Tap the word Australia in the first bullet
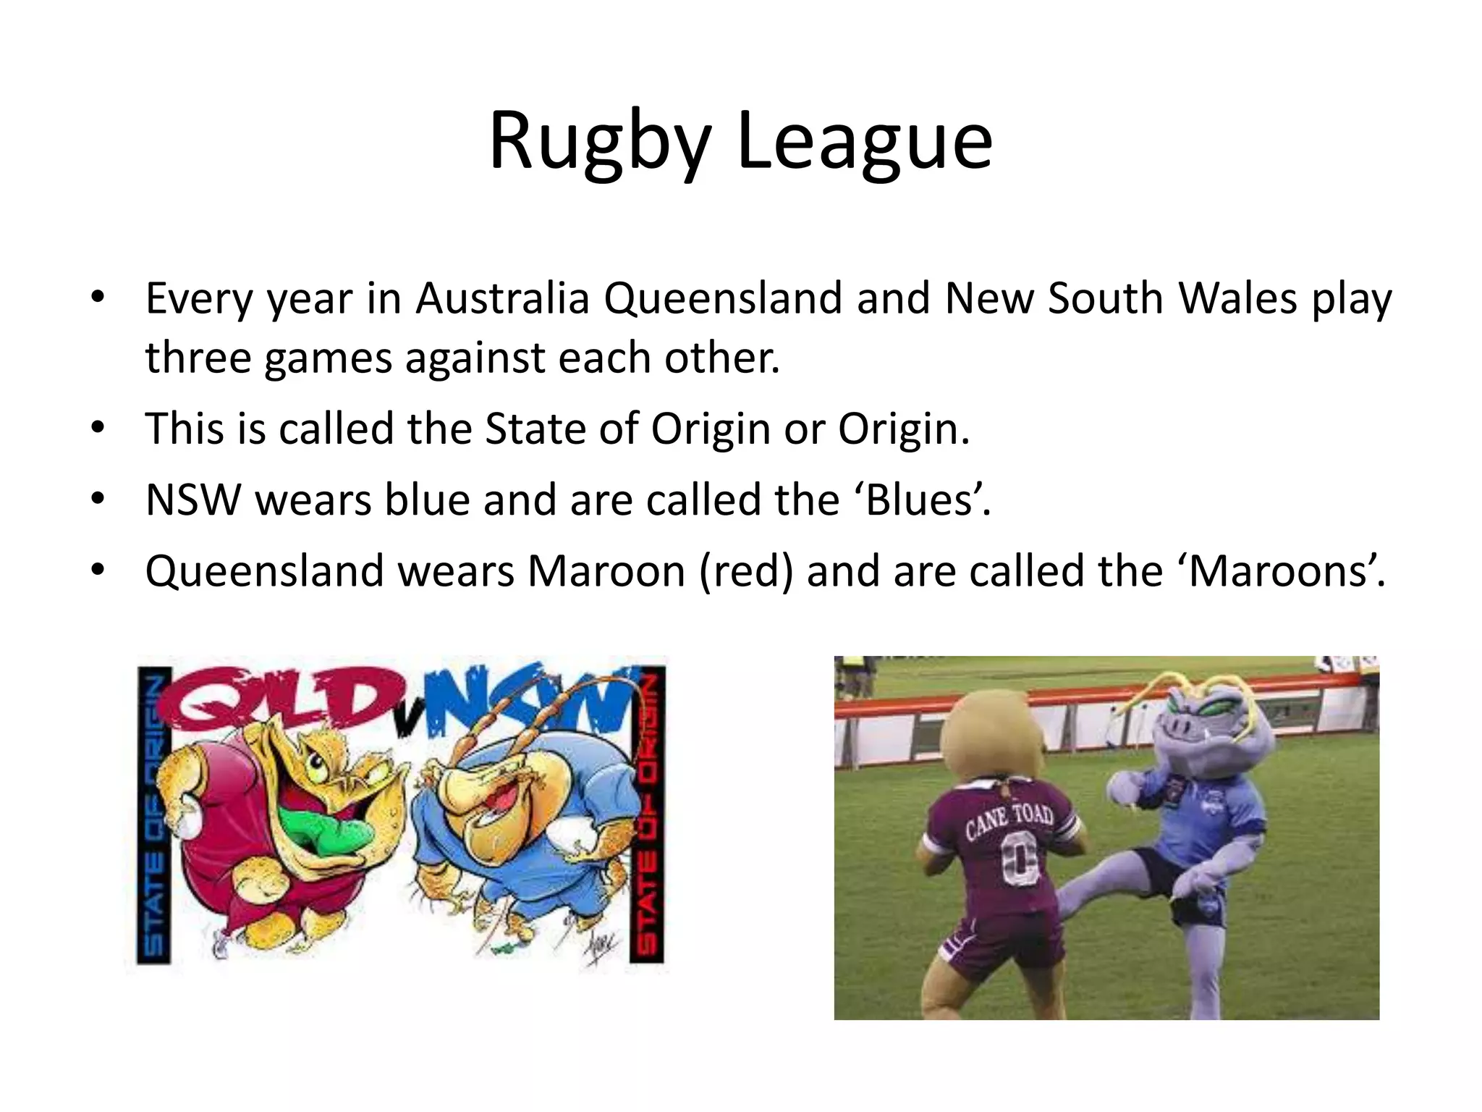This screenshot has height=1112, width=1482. pos(503,298)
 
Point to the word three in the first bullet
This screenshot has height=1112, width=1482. pos(198,358)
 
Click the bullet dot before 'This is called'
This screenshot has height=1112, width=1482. pos(98,429)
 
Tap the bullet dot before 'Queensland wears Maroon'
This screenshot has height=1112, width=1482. pos(98,571)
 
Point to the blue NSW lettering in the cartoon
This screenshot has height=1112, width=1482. pos(528,699)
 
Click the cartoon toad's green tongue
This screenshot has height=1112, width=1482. pos(318,825)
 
